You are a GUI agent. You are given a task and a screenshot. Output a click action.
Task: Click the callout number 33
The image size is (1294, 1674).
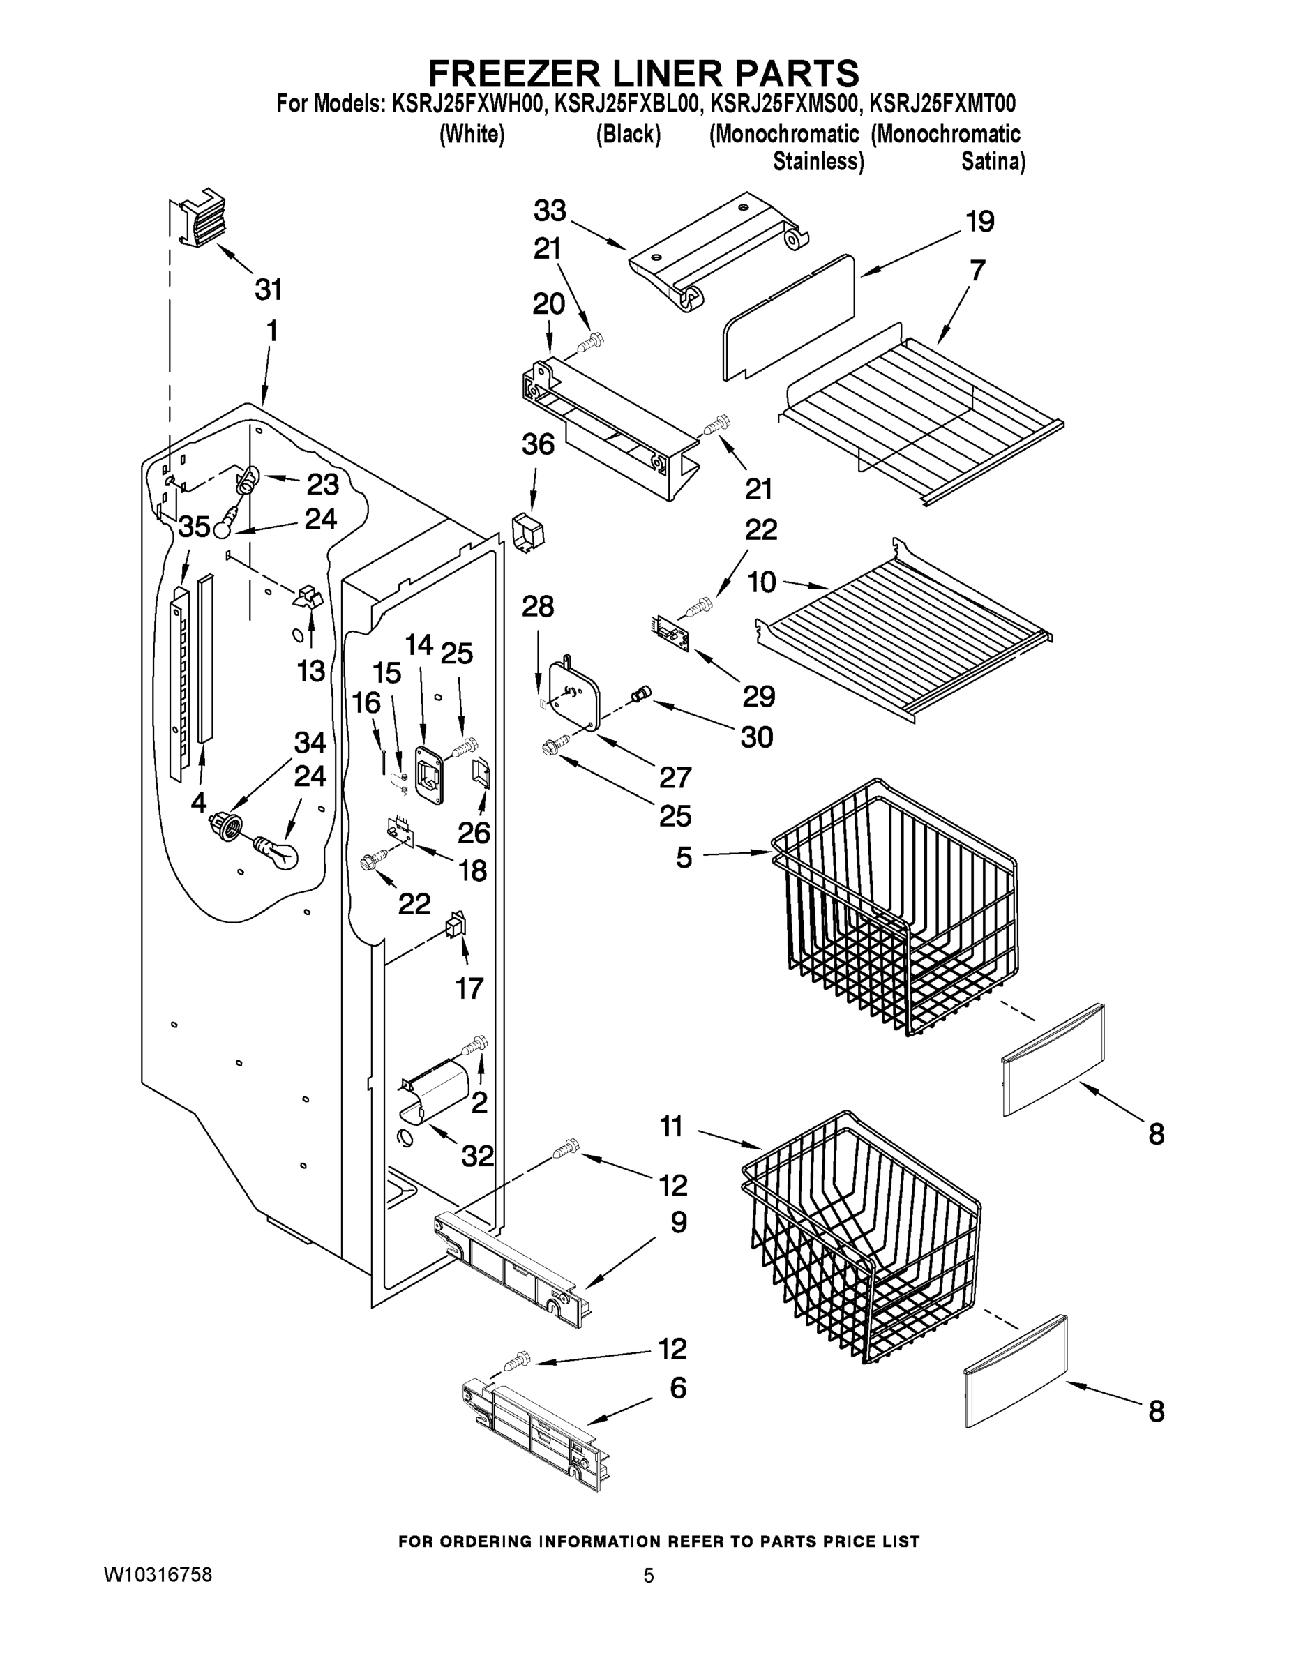pyautogui.click(x=550, y=210)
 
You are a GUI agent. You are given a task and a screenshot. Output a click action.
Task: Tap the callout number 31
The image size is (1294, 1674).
pyautogui.click(x=269, y=289)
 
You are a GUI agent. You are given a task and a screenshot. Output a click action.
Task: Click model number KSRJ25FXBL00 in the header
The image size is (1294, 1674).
pyautogui.click(x=626, y=103)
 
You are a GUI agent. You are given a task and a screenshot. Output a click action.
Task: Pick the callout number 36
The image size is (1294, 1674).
pyautogui.click(x=537, y=444)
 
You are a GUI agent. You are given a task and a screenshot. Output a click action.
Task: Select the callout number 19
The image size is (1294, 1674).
pyautogui.click(x=979, y=222)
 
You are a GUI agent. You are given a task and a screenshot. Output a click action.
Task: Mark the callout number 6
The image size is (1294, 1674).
pyautogui.click(x=677, y=1387)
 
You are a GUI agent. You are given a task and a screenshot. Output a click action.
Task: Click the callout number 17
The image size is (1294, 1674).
pyautogui.click(x=469, y=988)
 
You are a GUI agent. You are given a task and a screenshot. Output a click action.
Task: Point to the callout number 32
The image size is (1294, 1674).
pyautogui.click(x=477, y=1156)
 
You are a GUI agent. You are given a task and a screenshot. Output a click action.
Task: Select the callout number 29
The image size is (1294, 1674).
pyautogui.click(x=758, y=696)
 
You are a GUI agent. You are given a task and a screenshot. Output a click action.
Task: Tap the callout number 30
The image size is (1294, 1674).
pyautogui.click(x=757, y=737)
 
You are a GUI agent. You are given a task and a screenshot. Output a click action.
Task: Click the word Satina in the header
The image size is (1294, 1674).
pyautogui.click(x=993, y=163)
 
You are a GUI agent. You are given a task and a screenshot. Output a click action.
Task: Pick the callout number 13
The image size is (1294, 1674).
pyautogui.click(x=311, y=672)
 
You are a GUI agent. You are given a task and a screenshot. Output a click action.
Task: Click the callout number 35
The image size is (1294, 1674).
pyautogui.click(x=194, y=527)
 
